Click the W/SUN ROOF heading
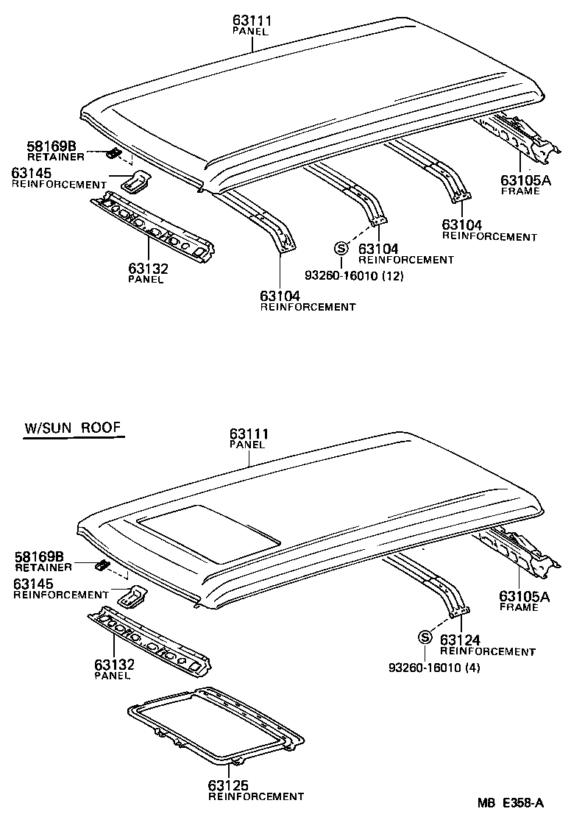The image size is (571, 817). (x=73, y=428)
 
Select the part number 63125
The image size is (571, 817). (x=229, y=785)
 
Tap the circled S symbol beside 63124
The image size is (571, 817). (x=425, y=637)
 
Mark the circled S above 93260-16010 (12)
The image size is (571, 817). (x=341, y=248)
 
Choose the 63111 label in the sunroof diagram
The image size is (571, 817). (x=249, y=434)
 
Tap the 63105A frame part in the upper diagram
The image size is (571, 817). (x=519, y=140)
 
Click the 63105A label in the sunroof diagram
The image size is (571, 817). (x=524, y=596)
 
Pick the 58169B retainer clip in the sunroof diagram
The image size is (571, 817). (x=102, y=565)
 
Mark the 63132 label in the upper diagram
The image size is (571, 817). (x=148, y=269)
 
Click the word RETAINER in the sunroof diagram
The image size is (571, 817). (x=43, y=567)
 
